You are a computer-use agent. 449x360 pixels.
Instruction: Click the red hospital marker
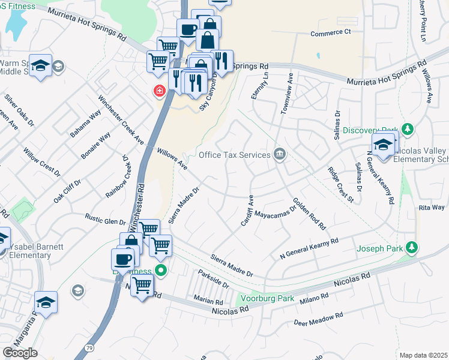click(159, 91)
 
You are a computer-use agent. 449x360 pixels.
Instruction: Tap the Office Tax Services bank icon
click(279, 155)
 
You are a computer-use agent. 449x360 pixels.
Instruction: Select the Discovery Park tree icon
click(408, 130)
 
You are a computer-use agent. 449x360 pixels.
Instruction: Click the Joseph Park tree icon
click(411, 247)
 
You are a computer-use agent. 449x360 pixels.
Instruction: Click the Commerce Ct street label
click(330, 33)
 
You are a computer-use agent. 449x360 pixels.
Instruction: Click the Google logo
click(20, 353)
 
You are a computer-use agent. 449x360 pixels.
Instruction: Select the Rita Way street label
click(432, 208)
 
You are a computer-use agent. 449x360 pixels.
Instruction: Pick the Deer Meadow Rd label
click(318, 319)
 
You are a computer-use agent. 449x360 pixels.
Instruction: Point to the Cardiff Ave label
click(247, 210)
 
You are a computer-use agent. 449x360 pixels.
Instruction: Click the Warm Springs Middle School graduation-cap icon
click(40, 66)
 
